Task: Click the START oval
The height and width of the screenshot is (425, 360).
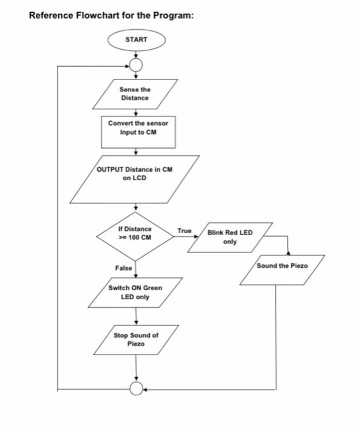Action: pos(136,39)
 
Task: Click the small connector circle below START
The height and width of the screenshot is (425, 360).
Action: pos(136,65)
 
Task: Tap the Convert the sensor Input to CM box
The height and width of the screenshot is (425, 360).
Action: pos(138,128)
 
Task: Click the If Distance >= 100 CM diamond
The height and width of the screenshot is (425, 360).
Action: pos(135,233)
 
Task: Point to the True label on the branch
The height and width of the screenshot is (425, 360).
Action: pos(184,231)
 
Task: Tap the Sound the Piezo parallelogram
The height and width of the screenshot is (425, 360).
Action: pos(282,267)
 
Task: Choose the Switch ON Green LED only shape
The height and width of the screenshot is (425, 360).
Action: pos(135,292)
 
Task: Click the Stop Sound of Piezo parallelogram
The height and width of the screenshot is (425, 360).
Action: pos(136,339)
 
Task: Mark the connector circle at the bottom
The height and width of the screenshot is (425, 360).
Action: pos(136,388)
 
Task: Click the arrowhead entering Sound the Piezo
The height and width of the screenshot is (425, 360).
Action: pos(288,254)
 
